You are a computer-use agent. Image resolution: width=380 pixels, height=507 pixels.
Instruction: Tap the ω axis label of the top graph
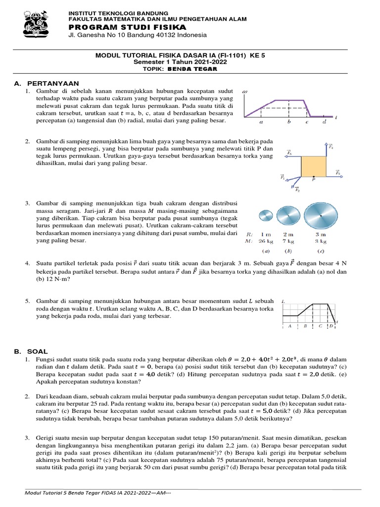pyautogui.click(x=245, y=92)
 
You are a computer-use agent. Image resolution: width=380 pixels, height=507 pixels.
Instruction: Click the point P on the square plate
pyautogui.click(x=313, y=181)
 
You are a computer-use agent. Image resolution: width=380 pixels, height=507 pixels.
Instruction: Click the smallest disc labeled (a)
pyautogui.click(x=266, y=215)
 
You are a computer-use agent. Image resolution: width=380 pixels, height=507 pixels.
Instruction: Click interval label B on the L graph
pyautogui.click(x=305, y=326)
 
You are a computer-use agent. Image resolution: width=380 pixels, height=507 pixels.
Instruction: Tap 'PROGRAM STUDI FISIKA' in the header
pyautogui.click(x=127, y=27)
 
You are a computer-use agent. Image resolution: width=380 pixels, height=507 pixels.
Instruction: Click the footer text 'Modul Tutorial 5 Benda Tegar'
pyautogui.click(x=69, y=493)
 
